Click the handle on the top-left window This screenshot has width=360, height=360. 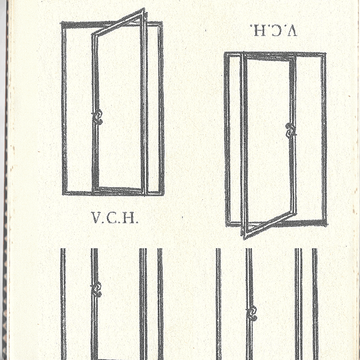97,117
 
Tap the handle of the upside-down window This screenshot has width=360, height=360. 291,131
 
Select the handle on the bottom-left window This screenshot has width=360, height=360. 96,290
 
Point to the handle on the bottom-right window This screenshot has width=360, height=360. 251,313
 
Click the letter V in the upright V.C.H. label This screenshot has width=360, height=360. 96,217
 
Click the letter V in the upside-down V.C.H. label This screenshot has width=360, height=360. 291,30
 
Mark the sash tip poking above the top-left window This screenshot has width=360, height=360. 143,10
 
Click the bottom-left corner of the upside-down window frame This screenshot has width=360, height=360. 227,225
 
